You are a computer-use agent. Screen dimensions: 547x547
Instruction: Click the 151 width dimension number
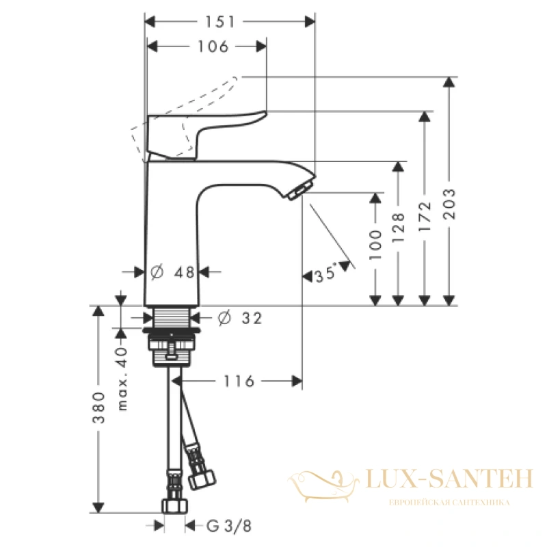(x=219, y=22)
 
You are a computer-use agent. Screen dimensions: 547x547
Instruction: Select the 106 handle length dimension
(x=213, y=46)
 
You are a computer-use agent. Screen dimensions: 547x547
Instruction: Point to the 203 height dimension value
(x=449, y=204)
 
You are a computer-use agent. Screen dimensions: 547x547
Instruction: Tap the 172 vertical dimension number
(x=425, y=216)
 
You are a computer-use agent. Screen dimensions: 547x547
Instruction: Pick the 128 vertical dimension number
(x=399, y=228)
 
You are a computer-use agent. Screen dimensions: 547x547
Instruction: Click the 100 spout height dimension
(x=375, y=245)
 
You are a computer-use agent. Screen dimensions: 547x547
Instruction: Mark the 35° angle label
(x=326, y=273)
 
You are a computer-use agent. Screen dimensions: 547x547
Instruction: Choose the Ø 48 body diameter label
(x=172, y=272)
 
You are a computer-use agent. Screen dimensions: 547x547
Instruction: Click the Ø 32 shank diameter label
(x=240, y=318)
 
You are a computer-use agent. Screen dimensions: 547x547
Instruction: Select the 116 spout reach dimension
(x=239, y=382)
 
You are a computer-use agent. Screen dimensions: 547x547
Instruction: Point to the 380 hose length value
(x=98, y=408)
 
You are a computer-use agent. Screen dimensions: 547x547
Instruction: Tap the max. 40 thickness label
(x=122, y=379)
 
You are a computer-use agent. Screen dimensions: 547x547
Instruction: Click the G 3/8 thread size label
(x=229, y=526)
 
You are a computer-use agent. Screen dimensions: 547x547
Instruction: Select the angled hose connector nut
(x=202, y=479)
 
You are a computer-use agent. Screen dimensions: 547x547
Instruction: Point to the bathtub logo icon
(x=323, y=486)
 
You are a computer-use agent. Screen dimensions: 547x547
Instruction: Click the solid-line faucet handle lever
(x=206, y=135)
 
